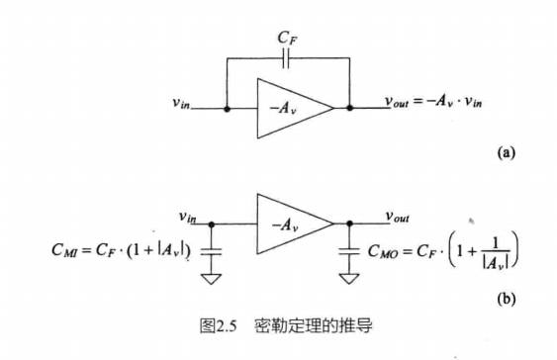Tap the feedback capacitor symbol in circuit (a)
287,60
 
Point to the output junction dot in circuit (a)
348,107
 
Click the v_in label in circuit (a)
185,103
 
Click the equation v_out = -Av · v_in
436,104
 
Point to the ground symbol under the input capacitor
210,278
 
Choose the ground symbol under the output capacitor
348,278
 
